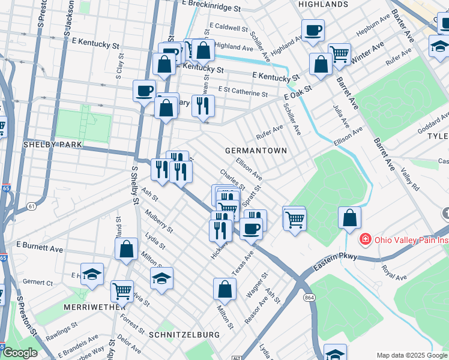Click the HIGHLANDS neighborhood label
coord(323,4)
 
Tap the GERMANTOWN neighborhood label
coord(255,150)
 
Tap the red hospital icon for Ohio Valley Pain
coord(364,240)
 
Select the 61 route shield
coord(31,206)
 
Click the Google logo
coord(20,353)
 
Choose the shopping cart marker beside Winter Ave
coord(339,53)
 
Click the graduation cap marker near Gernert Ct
coord(92,274)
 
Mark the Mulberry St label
coord(159,221)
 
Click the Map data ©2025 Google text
coord(411,355)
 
